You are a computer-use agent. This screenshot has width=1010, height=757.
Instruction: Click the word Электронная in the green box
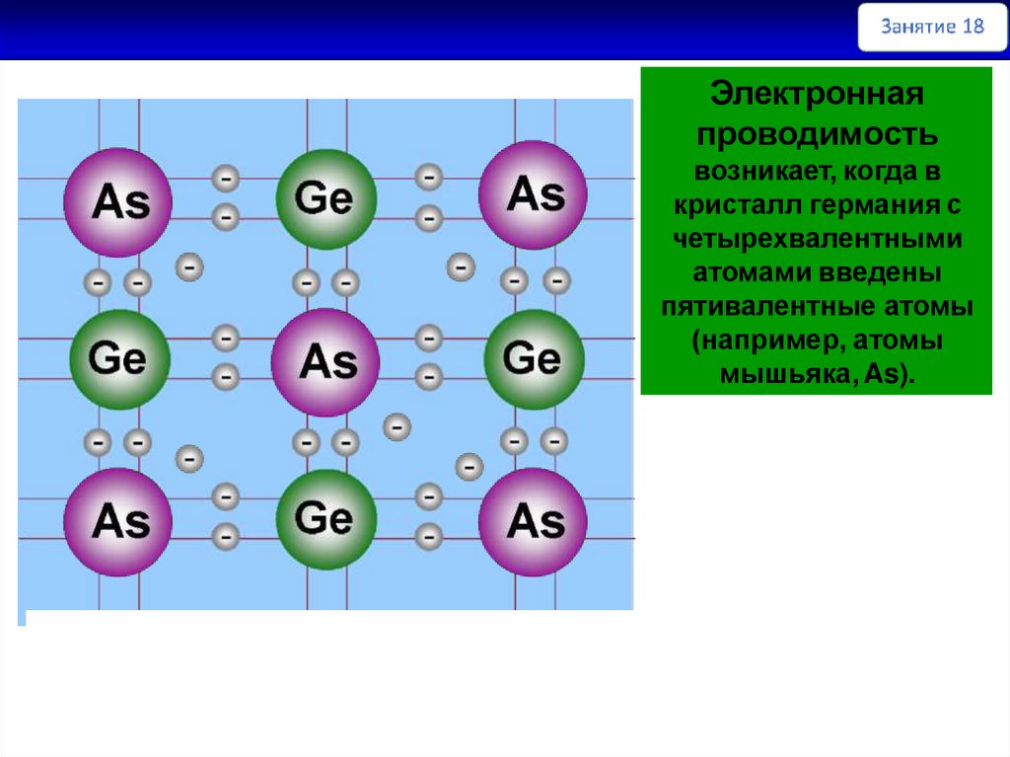point(817,96)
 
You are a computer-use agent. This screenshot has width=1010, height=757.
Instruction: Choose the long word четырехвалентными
point(817,240)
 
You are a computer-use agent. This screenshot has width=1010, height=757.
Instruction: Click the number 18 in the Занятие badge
point(971,27)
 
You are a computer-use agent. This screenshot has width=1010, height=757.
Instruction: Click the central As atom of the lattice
point(325,362)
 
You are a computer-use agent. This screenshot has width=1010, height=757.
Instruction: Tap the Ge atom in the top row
point(325,199)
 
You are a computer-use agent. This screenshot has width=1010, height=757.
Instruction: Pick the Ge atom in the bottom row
point(325,518)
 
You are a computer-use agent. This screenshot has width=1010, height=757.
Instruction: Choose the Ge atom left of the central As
point(118,358)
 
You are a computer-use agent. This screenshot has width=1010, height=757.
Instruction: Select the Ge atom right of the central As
point(534,358)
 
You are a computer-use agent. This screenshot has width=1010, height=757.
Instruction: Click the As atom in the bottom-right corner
point(534,521)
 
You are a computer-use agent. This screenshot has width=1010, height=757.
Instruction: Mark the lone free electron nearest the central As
point(397,427)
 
